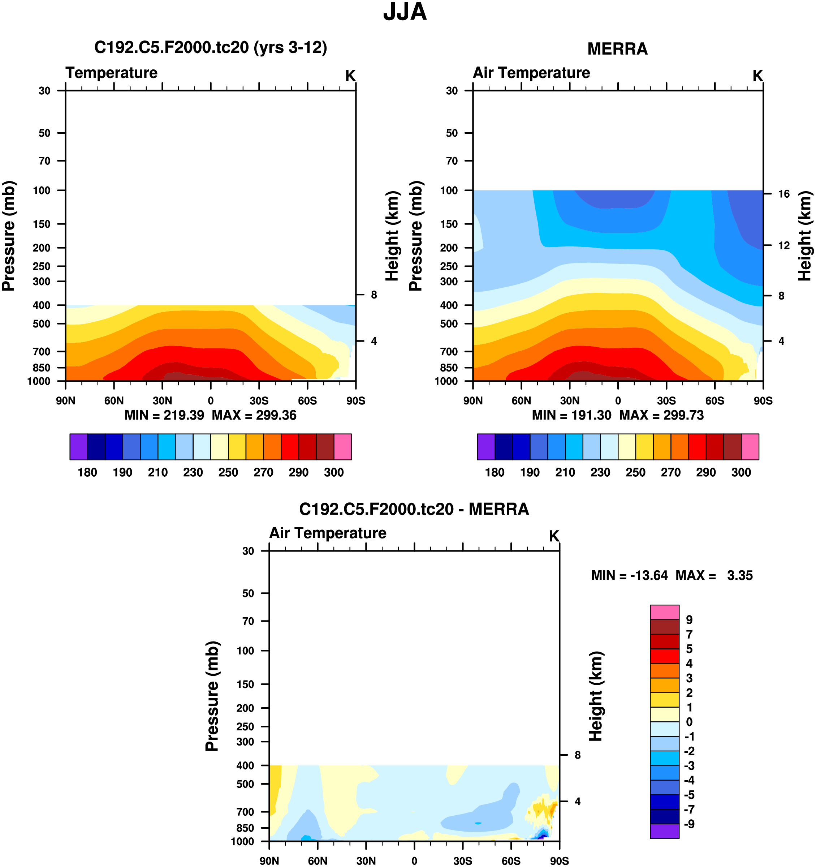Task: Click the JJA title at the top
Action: click(x=405, y=12)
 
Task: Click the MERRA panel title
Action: click(x=617, y=49)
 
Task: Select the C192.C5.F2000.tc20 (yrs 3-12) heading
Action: click(x=211, y=47)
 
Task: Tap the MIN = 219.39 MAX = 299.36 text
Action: click(x=211, y=415)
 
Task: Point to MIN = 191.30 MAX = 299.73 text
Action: click(x=618, y=415)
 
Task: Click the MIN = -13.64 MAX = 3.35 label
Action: click(x=672, y=575)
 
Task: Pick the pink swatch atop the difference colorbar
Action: click(x=664, y=612)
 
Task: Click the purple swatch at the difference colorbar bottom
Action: click(x=664, y=831)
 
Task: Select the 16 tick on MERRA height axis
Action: click(x=784, y=194)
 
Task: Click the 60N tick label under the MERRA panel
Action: click(x=521, y=401)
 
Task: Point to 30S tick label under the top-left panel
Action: click(x=259, y=401)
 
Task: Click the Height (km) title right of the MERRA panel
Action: click(x=805, y=236)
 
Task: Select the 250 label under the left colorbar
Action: click(x=228, y=472)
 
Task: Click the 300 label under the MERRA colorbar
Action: click(x=741, y=472)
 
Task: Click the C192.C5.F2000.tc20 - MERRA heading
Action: click(x=414, y=509)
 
